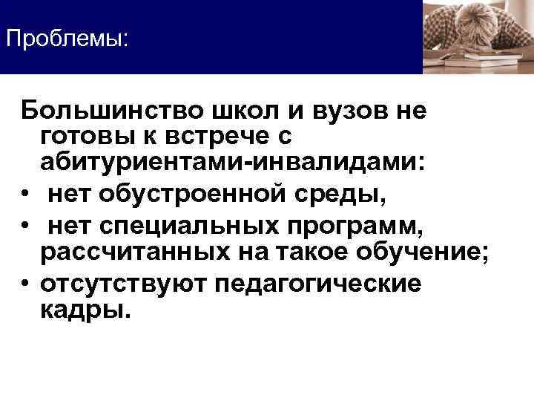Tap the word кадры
click(x=86, y=310)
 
